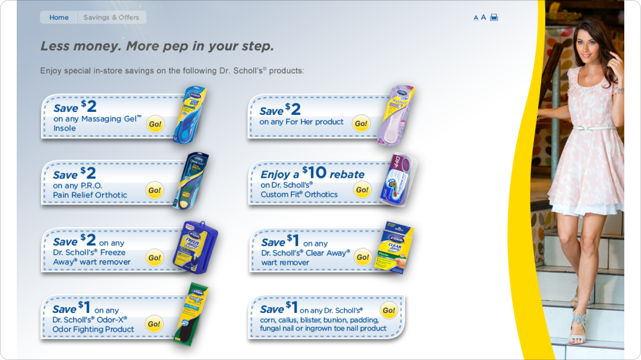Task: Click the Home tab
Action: pos(59,18)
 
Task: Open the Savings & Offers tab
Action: pos(111,18)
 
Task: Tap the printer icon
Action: pos(494,18)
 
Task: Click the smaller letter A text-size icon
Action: pos(476,18)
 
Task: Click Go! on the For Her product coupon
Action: pos(361,124)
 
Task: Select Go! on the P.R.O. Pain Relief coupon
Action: pos(155,190)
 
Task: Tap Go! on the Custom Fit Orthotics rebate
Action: pos(362,190)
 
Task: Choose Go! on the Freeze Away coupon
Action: pos(155,258)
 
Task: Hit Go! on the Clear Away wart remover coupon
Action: pos(363,257)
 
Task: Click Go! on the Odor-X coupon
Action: pos(154,324)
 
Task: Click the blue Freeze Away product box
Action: pos(195,247)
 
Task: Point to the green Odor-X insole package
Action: pos(191,314)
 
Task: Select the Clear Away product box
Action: pos(394,247)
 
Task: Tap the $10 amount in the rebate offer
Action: pos(315,173)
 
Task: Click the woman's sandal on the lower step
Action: pos(578,329)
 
